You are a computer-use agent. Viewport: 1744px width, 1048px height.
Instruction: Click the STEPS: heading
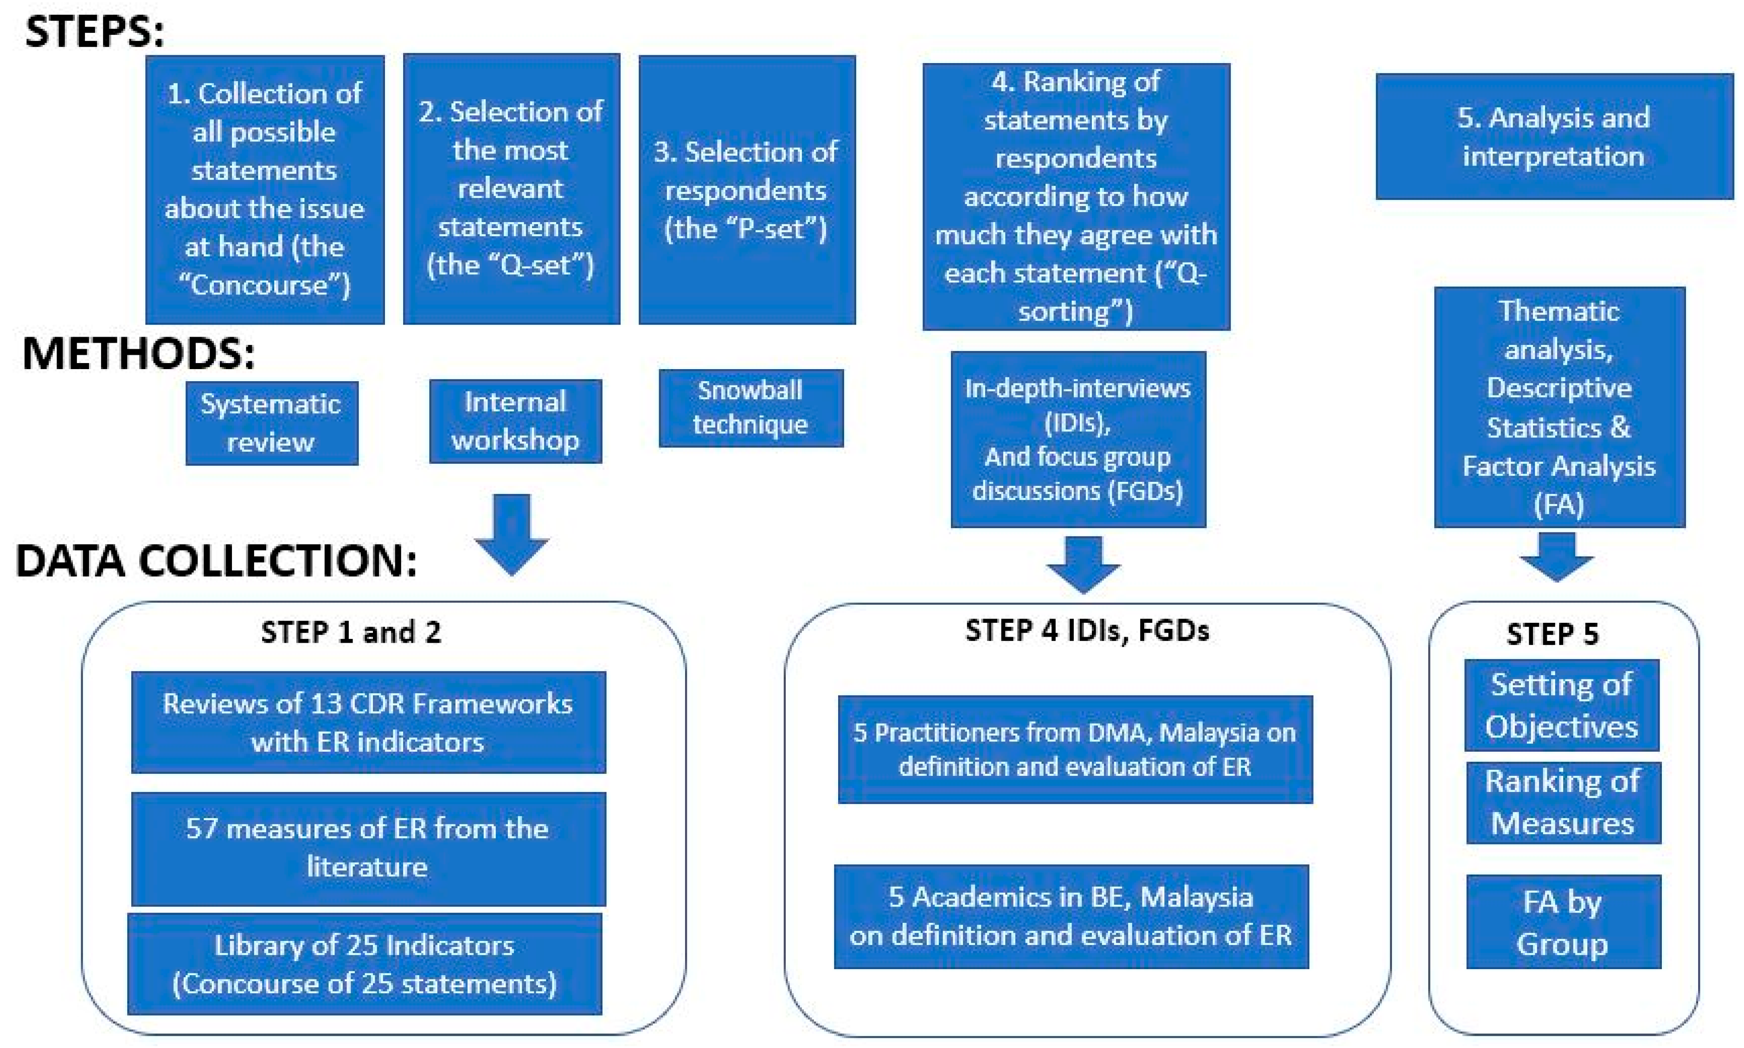pos(94,32)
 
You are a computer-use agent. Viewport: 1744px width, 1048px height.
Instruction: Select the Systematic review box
pos(271,422)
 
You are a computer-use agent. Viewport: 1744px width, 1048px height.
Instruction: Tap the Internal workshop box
pos(515,421)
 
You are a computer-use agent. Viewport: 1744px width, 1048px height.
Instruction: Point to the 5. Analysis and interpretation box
pos(1553,136)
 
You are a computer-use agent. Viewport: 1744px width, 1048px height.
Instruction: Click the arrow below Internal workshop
pos(512,533)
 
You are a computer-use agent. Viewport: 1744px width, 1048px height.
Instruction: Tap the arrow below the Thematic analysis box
pos(1556,556)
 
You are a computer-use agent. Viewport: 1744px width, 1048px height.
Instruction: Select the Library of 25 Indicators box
pos(365,964)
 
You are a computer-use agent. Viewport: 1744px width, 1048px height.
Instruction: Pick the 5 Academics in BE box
pos(1071,916)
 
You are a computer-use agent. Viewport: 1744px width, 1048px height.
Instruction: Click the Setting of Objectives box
pos(1561,705)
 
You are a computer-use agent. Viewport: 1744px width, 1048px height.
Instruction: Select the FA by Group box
pos(1563,921)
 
